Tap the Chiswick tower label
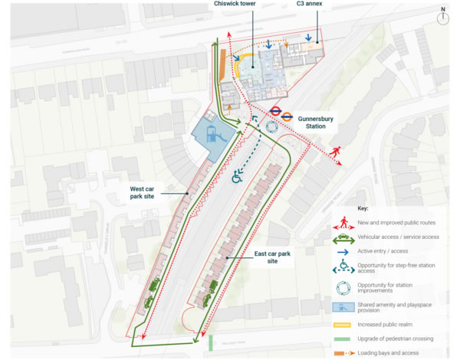click(233, 5)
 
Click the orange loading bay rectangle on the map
click(223, 64)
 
